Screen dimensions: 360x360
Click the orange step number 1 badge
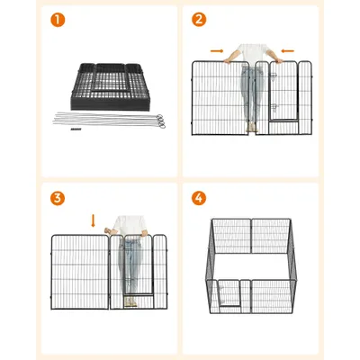[58, 20]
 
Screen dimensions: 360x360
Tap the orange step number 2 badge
[199, 20]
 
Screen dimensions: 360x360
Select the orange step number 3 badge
[58, 198]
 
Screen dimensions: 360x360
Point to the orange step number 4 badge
[199, 198]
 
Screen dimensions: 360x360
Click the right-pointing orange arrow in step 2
[217, 51]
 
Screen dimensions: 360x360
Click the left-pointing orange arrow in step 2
[288, 51]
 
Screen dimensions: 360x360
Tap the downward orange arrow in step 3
[93, 220]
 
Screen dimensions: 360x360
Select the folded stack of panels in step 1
[110, 86]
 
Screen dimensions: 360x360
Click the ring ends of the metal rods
[161, 121]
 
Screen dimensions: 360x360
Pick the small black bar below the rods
[76, 130]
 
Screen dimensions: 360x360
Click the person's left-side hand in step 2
[228, 60]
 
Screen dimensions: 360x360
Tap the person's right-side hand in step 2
[279, 60]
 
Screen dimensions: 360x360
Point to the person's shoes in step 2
[252, 128]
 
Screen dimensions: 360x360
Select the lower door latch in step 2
[274, 108]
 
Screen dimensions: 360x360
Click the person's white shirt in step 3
[130, 225]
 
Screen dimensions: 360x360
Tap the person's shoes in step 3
[130, 301]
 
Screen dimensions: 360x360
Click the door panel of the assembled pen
[229, 293]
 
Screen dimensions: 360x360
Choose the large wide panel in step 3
[80, 272]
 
